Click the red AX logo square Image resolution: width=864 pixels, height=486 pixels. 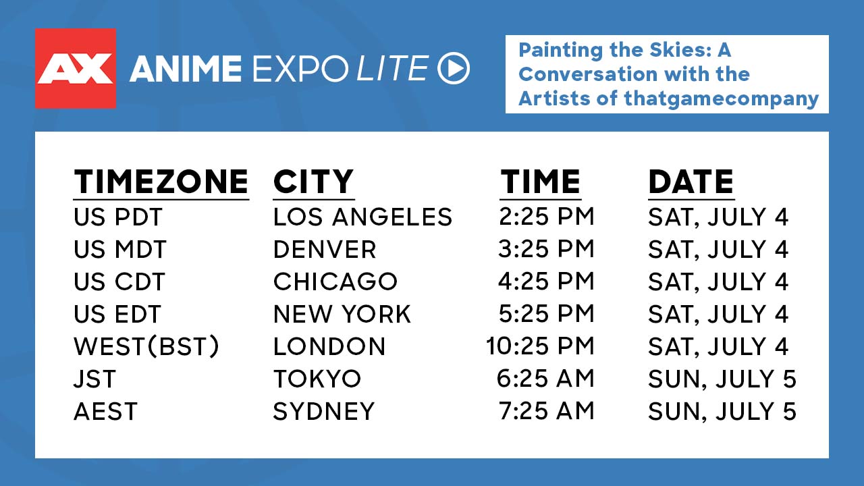click(76, 68)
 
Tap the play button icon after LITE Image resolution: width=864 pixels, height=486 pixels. click(454, 68)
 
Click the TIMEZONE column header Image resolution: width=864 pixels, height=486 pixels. click(161, 182)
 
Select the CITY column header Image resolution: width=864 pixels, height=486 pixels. click(313, 182)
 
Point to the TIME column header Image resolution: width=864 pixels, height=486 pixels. click(541, 182)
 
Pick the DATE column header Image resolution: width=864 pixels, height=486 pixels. click(691, 182)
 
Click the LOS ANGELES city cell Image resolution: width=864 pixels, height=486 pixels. click(362, 217)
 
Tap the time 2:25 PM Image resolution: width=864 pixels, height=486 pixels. click(547, 217)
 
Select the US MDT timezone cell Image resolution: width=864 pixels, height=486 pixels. click(120, 249)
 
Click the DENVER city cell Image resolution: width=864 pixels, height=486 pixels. click(325, 249)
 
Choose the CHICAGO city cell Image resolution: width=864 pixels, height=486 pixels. click(335, 281)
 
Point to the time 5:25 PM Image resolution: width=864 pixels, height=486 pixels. click(547, 314)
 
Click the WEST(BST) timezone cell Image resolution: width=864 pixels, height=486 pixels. click(146, 346)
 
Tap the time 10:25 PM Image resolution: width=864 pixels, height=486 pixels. click(540, 346)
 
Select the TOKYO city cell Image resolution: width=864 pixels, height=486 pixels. click(317, 379)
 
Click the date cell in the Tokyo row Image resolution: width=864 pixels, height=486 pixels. click(722, 379)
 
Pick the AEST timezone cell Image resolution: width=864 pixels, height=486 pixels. click(105, 411)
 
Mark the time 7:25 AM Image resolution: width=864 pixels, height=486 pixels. click(547, 411)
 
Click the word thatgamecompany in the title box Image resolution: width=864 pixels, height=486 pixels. click(722, 99)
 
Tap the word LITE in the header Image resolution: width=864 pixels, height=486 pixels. click(392, 68)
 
